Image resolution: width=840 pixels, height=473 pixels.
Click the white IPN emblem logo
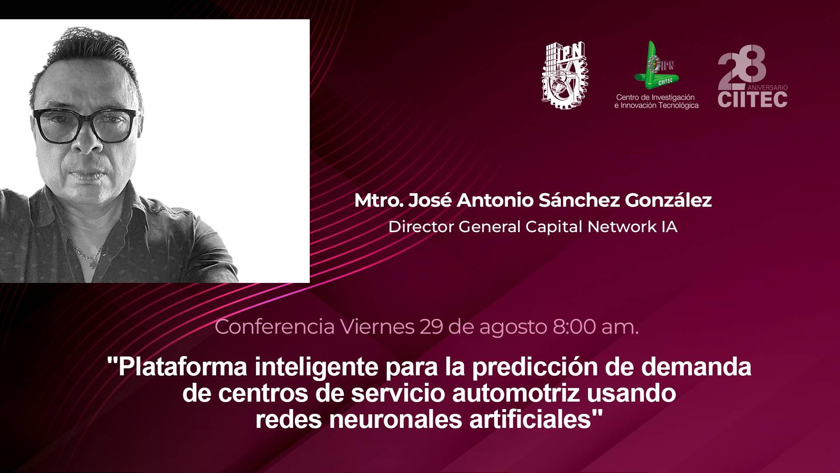coord(565,75)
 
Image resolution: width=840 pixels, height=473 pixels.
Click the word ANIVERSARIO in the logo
coord(767,88)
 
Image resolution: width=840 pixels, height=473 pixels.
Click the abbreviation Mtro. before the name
coord(378,201)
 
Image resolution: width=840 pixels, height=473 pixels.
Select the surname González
coord(668,201)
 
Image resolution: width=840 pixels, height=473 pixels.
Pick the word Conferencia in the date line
coord(275,327)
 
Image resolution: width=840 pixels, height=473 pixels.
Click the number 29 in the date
coord(431,327)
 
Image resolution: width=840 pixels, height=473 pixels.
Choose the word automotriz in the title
coord(516,393)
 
